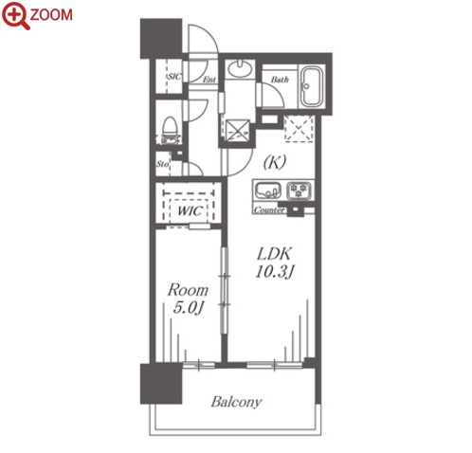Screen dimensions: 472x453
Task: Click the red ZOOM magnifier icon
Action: [x=16, y=16]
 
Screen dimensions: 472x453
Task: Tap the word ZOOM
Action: [x=51, y=15]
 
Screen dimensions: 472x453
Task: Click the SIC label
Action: [x=174, y=77]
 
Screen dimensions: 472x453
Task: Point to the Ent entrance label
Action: [x=209, y=80]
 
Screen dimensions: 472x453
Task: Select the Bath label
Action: [x=280, y=80]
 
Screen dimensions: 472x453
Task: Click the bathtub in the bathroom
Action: [x=312, y=86]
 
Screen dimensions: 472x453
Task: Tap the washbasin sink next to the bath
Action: [x=240, y=68]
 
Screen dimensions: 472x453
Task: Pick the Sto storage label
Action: [x=162, y=164]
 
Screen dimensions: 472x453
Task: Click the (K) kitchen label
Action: [x=275, y=162]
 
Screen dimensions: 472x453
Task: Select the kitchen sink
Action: [x=267, y=190]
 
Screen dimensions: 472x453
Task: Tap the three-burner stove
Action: [x=299, y=190]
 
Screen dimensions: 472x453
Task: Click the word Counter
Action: [x=269, y=210]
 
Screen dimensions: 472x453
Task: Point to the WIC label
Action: [x=189, y=210]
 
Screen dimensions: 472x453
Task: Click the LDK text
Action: [x=274, y=253]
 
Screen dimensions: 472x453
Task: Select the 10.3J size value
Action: [x=274, y=272]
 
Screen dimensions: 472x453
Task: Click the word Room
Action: [x=188, y=290]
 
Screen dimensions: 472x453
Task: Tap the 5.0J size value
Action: [x=188, y=308]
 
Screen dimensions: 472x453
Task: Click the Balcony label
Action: [x=236, y=402]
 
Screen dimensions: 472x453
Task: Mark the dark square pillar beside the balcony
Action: [x=161, y=384]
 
